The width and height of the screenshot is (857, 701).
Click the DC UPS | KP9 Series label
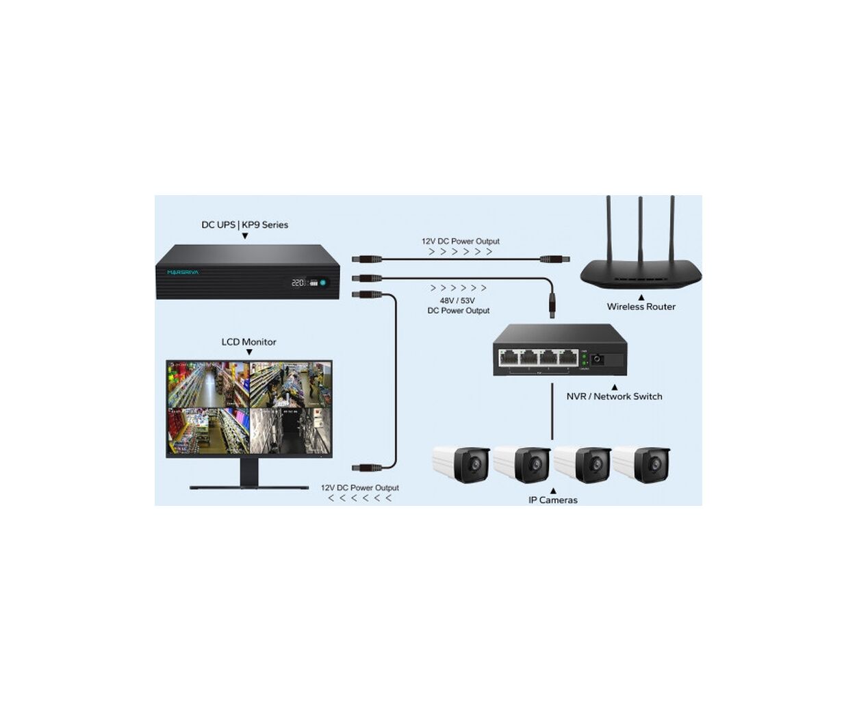244,225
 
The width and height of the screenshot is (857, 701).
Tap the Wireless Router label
641,307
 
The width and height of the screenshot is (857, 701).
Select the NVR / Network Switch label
614,396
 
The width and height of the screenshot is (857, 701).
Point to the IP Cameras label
552,500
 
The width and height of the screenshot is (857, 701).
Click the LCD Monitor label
248,342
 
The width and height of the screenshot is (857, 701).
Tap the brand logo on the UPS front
183,272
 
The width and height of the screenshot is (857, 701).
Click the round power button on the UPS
322,282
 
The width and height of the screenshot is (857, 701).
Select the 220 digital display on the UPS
298,282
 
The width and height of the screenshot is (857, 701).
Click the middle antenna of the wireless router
640,233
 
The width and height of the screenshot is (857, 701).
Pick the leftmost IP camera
461,464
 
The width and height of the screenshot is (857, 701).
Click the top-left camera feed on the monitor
208,385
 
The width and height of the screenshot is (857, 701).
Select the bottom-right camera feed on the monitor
290,431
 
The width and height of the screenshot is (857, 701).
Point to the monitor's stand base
248,487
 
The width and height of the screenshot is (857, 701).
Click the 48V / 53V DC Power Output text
458,305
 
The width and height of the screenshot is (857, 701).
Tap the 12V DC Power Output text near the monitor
359,487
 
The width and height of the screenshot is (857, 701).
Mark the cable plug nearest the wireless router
554,259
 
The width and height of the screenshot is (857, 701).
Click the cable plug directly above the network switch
552,305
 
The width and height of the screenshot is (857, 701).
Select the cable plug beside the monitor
367,468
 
